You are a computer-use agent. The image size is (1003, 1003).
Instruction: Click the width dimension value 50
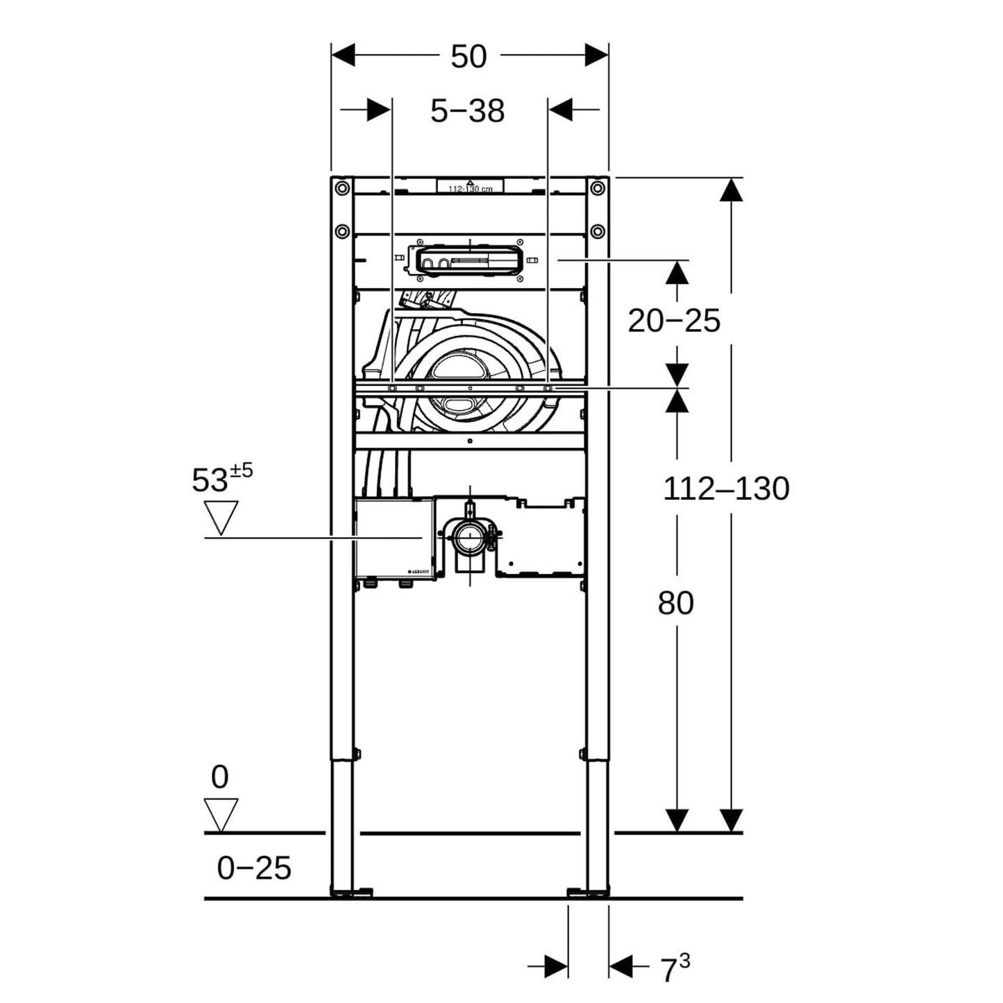tap(469, 57)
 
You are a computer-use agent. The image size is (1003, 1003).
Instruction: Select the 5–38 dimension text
tap(467, 111)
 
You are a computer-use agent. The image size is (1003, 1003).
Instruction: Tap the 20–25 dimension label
tap(674, 321)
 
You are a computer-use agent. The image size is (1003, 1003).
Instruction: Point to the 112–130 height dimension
tap(726, 489)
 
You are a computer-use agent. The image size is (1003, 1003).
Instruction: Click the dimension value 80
tap(675, 603)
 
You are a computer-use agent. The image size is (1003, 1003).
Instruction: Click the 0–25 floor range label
tap(254, 868)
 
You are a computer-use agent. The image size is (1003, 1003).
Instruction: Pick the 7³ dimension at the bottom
tap(674, 968)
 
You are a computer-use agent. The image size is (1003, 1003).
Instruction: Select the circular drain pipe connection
tap(471, 537)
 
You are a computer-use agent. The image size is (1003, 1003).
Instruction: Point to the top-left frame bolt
tap(341, 187)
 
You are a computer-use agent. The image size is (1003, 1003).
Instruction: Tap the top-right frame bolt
tap(597, 187)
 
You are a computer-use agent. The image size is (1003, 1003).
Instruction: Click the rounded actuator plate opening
tap(469, 261)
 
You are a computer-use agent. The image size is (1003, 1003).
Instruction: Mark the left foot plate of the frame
tap(352, 892)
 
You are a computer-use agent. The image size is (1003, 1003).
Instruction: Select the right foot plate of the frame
tap(587, 892)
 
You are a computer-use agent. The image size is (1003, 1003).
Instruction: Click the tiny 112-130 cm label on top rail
tap(470, 188)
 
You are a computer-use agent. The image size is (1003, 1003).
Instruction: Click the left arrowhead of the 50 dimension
tap(344, 55)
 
